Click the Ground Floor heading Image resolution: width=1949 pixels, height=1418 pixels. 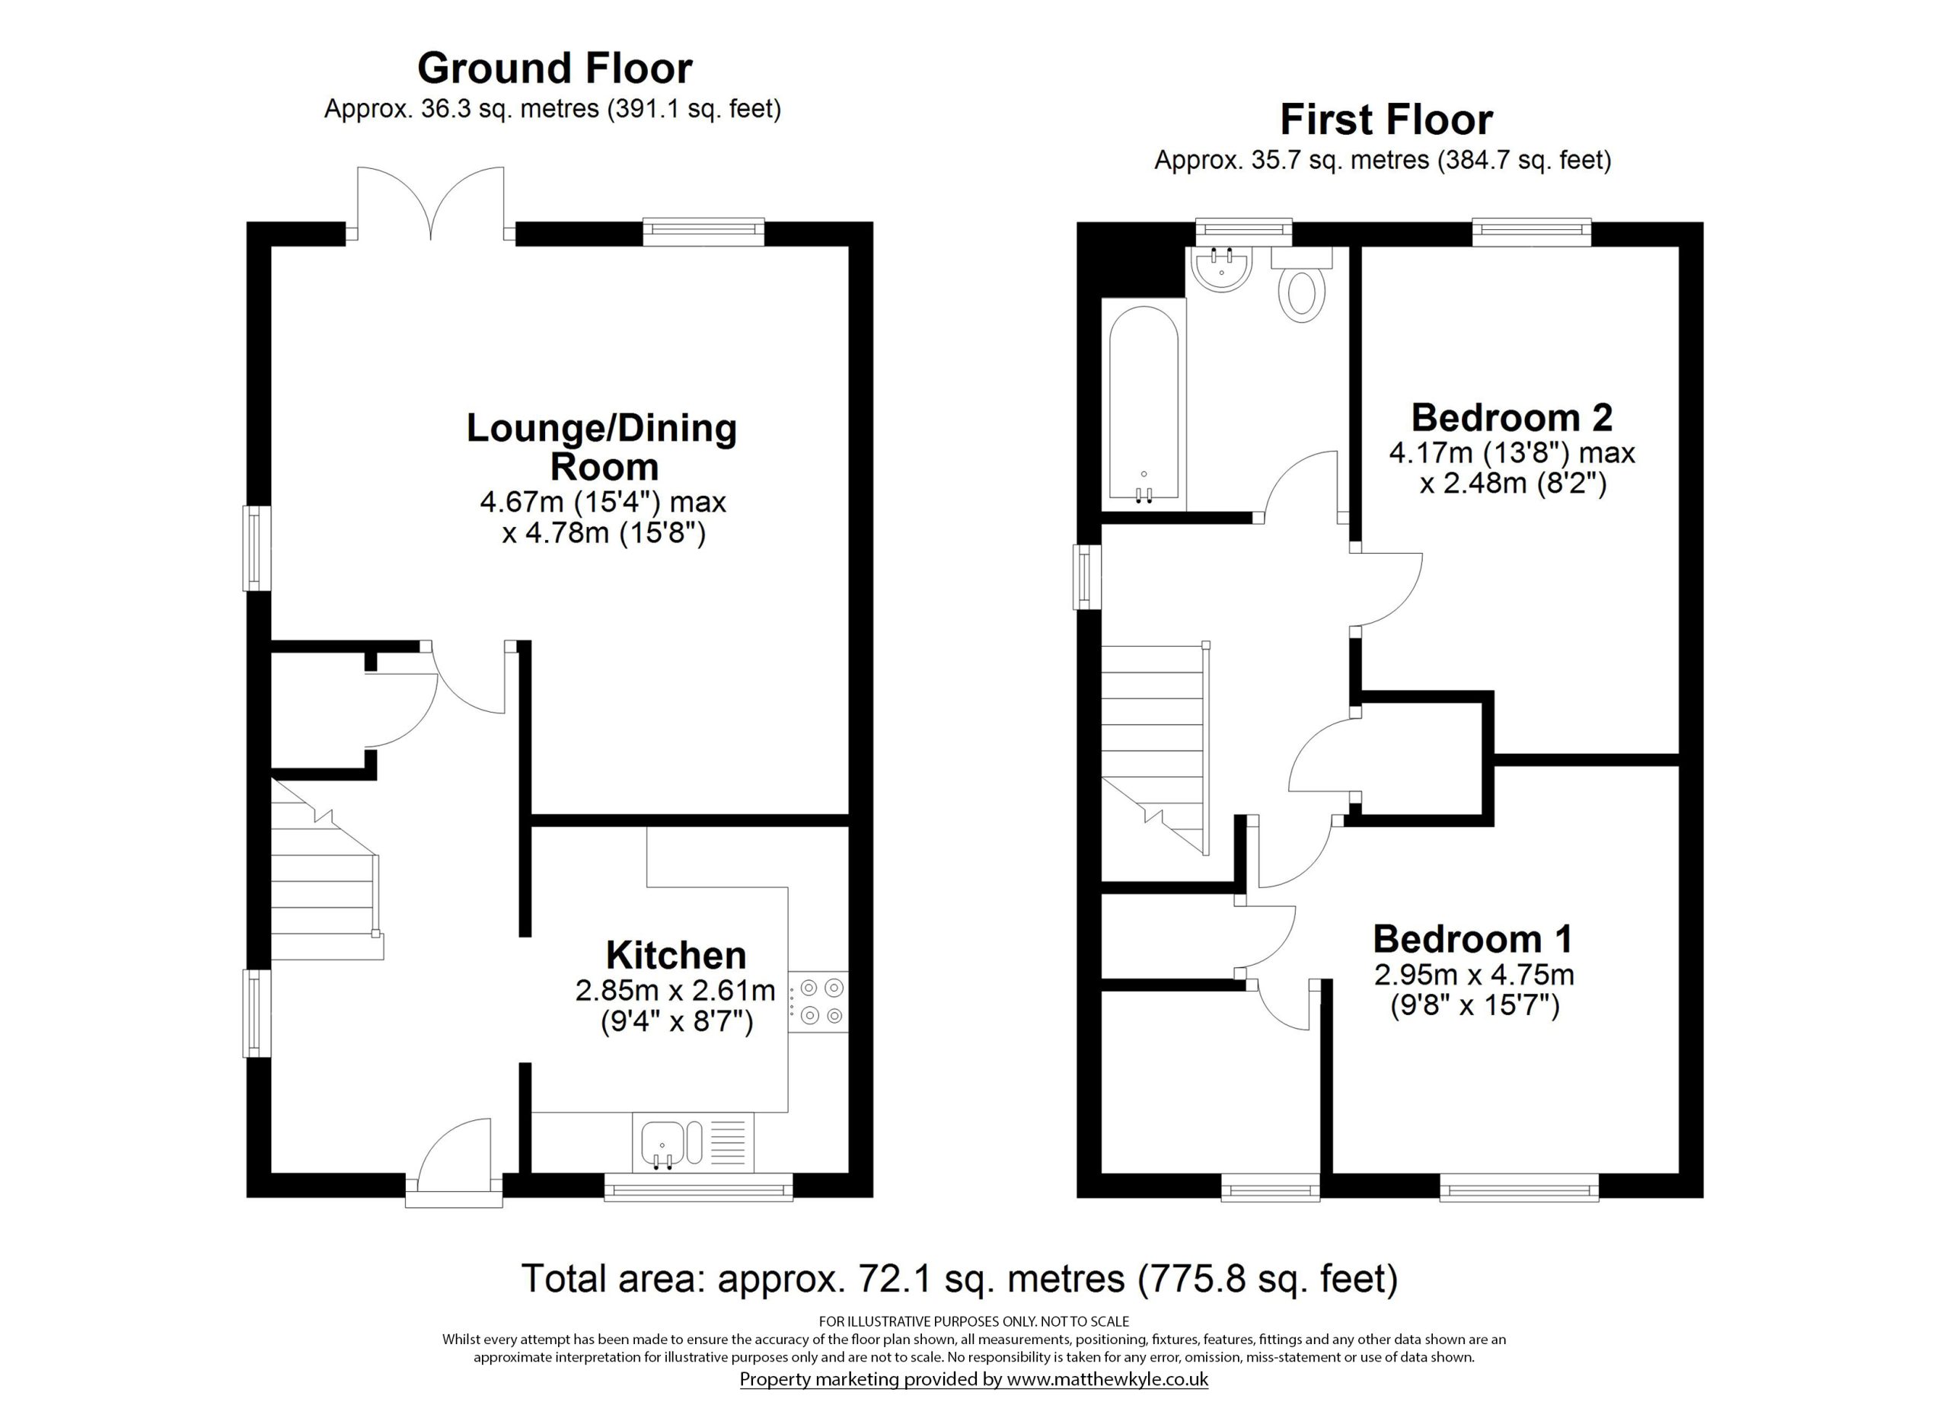pyautogui.click(x=554, y=69)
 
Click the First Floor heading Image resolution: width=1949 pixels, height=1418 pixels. pyautogui.click(x=1386, y=120)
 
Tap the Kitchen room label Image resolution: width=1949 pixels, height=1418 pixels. pyautogui.click(x=675, y=955)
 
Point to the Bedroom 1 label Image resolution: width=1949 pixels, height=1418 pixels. pyautogui.click(x=1473, y=938)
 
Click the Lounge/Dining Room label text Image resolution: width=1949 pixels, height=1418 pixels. pyautogui.click(x=601, y=447)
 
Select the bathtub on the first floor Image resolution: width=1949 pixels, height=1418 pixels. pyautogui.click(x=1143, y=404)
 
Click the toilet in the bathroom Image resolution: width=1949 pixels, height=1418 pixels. pyautogui.click(x=1302, y=292)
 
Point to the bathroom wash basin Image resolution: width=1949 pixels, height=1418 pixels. pyautogui.click(x=1221, y=268)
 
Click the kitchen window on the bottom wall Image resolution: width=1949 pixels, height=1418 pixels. pyautogui.click(x=698, y=1190)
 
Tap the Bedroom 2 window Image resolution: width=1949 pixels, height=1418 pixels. pyautogui.click(x=1531, y=228)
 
